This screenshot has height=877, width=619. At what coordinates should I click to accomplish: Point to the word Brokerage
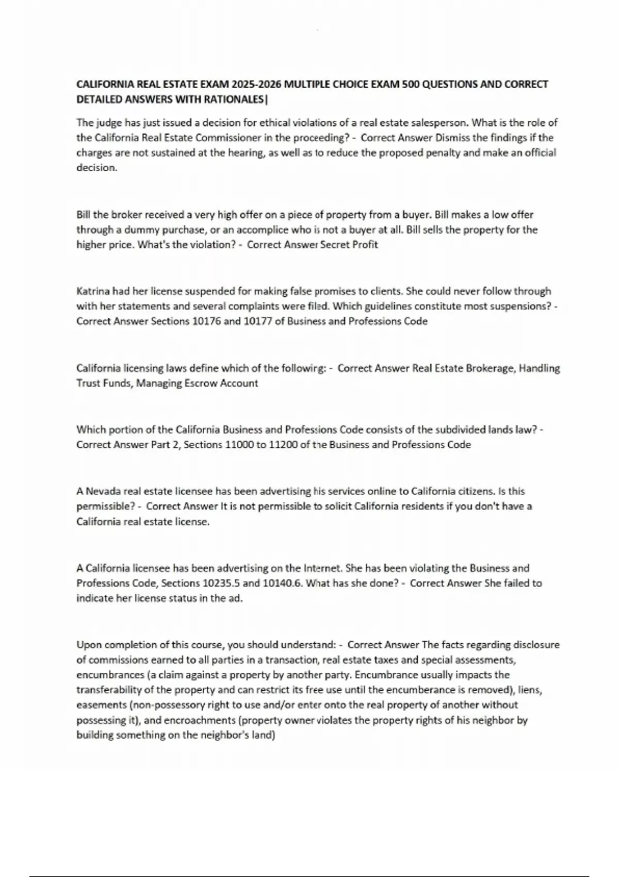[x=490, y=368]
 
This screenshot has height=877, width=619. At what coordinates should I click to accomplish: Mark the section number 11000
[x=239, y=444]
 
